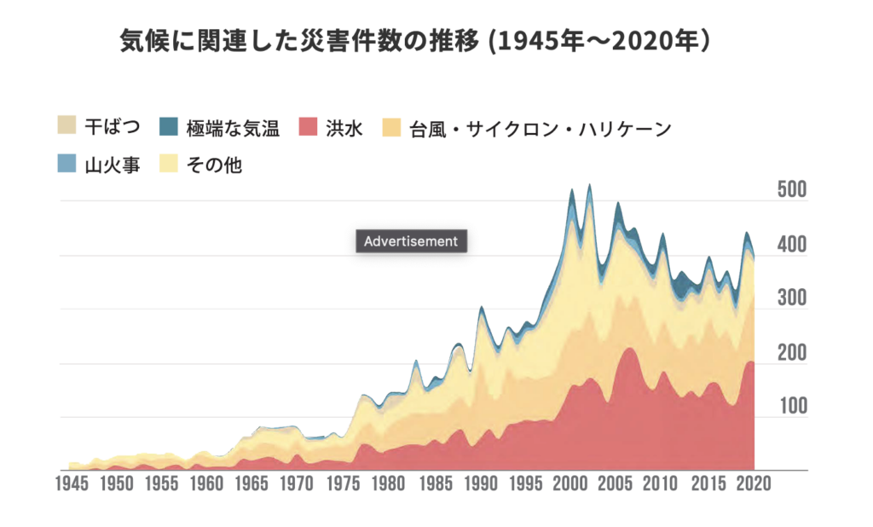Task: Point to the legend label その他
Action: (214, 164)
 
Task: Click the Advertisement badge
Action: (411, 241)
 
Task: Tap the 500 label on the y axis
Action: (792, 190)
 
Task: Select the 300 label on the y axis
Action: (792, 298)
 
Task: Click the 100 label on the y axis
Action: (792, 406)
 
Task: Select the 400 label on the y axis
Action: (792, 245)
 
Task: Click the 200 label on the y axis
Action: (792, 353)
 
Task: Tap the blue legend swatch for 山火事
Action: (66, 162)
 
